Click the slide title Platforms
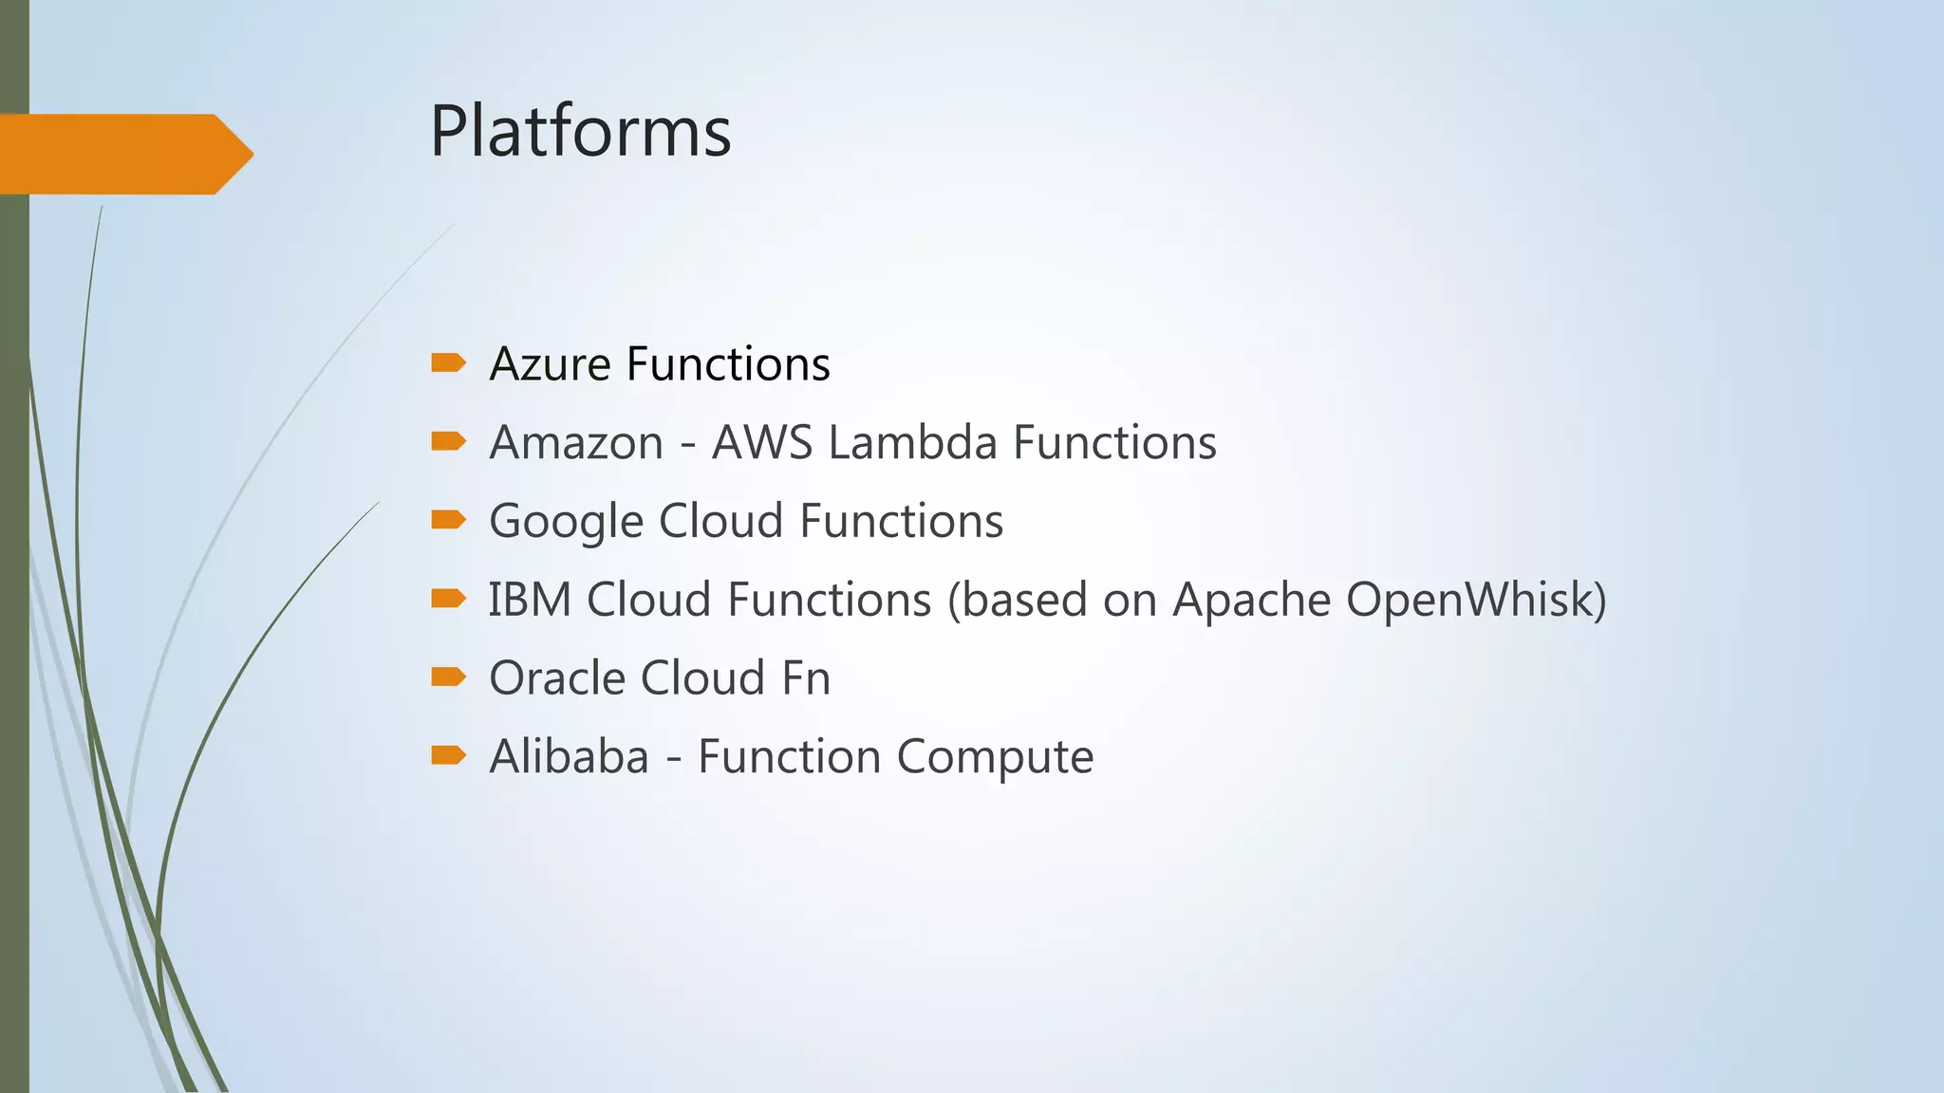pyautogui.click(x=580, y=131)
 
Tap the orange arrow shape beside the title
pyautogui.click(x=123, y=154)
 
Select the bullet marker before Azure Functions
pyautogui.click(x=448, y=362)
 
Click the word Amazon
pyautogui.click(x=576, y=443)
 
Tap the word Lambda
pyautogui.click(x=912, y=443)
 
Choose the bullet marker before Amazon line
pyautogui.click(x=448, y=441)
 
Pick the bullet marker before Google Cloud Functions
pyautogui.click(x=448, y=519)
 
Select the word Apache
pyautogui.click(x=1251, y=601)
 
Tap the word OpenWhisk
pyautogui.click(x=1469, y=601)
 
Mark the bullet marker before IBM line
pyautogui.click(x=448, y=598)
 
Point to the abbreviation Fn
pyautogui.click(x=806, y=678)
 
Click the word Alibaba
pyautogui.click(x=569, y=757)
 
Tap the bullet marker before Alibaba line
pyautogui.click(x=448, y=755)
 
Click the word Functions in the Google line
pyautogui.click(x=901, y=522)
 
